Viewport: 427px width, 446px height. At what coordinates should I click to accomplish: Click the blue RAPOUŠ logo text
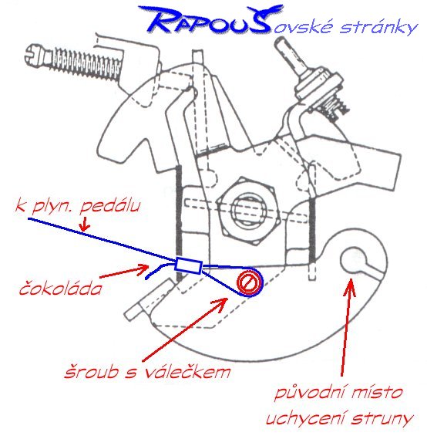210,19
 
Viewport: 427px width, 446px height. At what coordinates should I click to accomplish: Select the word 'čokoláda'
60,287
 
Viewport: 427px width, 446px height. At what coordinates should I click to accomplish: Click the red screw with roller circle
249,282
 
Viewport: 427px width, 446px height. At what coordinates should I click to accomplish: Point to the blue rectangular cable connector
188,266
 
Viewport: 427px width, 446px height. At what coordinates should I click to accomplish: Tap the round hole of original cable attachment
352,260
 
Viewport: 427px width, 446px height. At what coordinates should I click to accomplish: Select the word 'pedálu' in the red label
110,205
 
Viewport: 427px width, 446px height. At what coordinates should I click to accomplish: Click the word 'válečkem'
187,370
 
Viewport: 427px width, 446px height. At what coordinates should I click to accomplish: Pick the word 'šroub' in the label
91,371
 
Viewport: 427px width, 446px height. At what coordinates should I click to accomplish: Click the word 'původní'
310,393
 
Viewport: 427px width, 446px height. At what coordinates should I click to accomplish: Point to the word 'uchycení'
306,418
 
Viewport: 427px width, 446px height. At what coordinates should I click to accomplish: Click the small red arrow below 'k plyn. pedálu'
84,224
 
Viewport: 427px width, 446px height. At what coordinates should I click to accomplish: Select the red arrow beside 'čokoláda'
124,271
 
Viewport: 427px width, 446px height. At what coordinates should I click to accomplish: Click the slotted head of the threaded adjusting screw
35,53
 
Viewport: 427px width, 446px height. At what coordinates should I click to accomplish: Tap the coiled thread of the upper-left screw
86,64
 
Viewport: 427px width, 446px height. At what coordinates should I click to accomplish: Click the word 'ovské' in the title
304,27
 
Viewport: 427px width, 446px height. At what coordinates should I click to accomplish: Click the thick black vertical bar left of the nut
179,223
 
